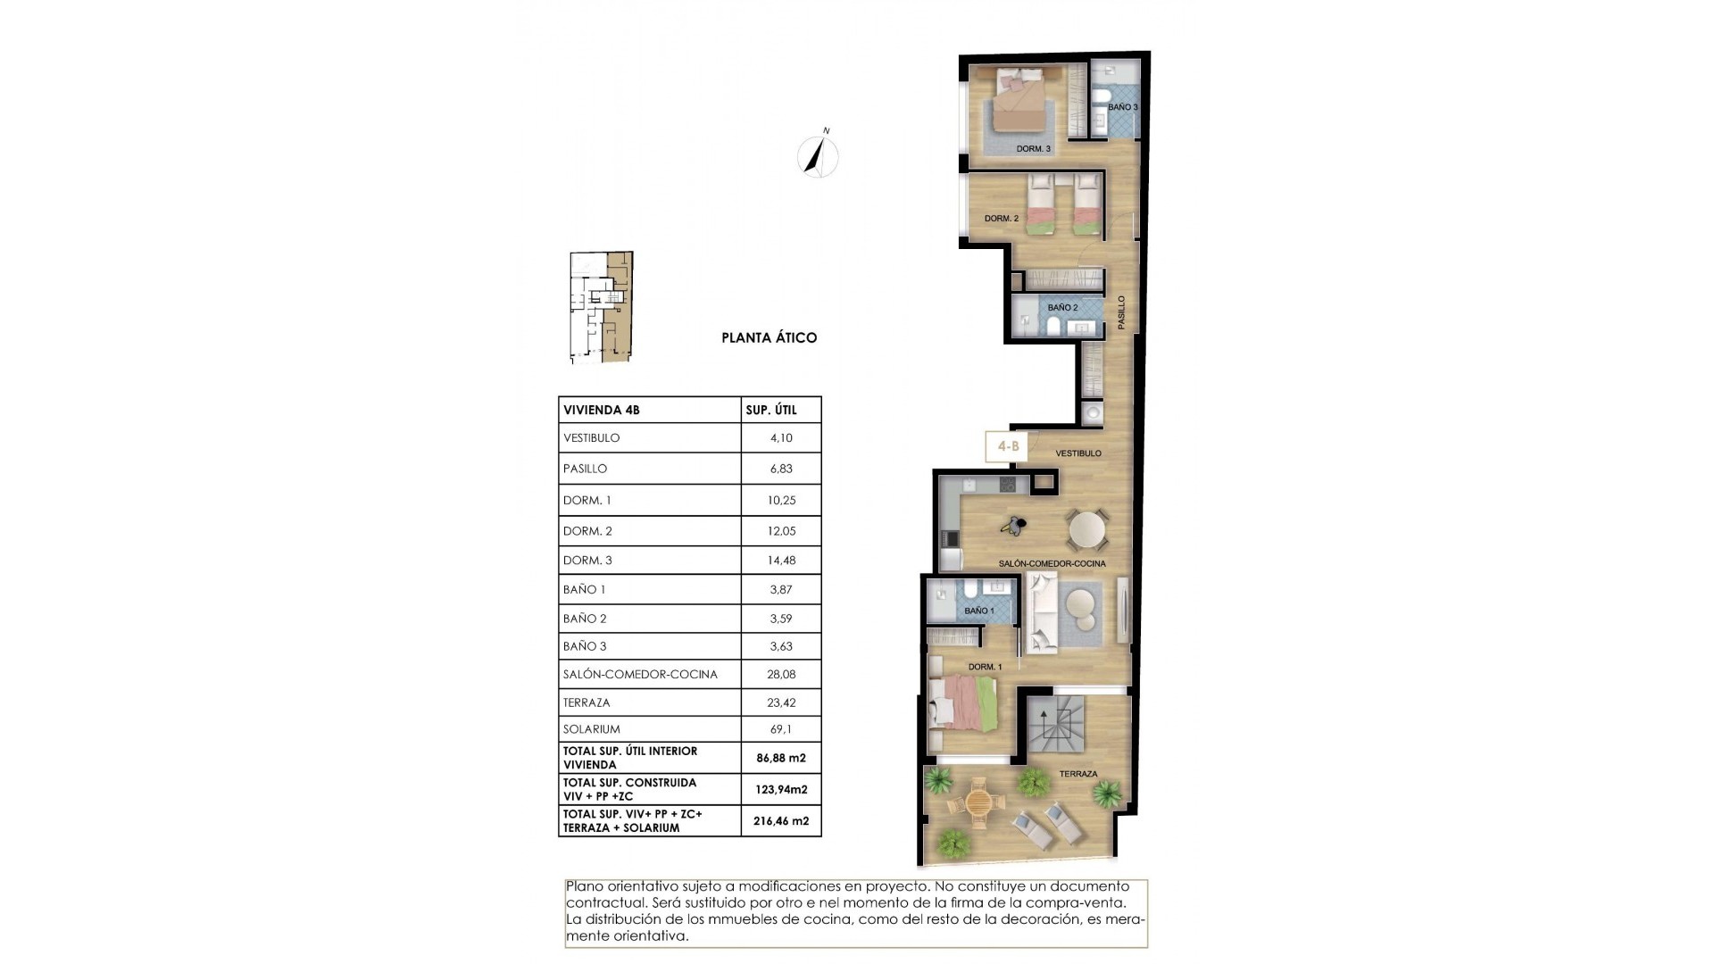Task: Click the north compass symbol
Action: click(x=817, y=157)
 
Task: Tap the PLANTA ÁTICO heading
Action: click(x=769, y=338)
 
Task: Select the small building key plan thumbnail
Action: click(x=601, y=307)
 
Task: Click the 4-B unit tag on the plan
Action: click(x=1007, y=446)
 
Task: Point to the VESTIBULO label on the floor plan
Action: click(x=1078, y=453)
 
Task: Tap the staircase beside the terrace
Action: click(x=1055, y=725)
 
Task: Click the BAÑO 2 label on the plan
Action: click(x=1062, y=308)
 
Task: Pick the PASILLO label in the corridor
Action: click(x=1122, y=312)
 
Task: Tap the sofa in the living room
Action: click(x=1042, y=613)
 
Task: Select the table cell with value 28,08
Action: click(x=781, y=675)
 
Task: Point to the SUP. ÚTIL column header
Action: click(x=771, y=411)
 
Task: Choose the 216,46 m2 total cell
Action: click(x=781, y=821)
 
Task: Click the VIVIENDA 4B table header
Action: click(x=602, y=411)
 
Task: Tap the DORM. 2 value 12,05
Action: click(x=781, y=531)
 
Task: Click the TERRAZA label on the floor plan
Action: click(x=1078, y=774)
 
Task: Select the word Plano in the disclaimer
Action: click(x=585, y=886)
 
